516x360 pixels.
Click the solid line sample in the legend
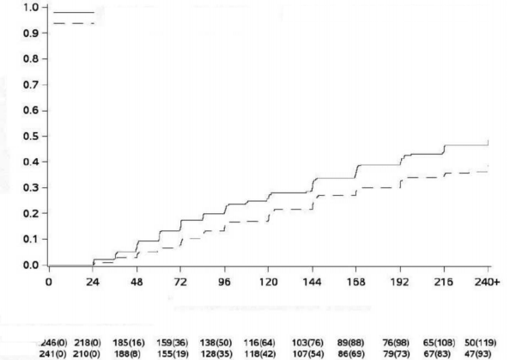tap(74, 13)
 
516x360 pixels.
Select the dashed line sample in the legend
tap(74, 23)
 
